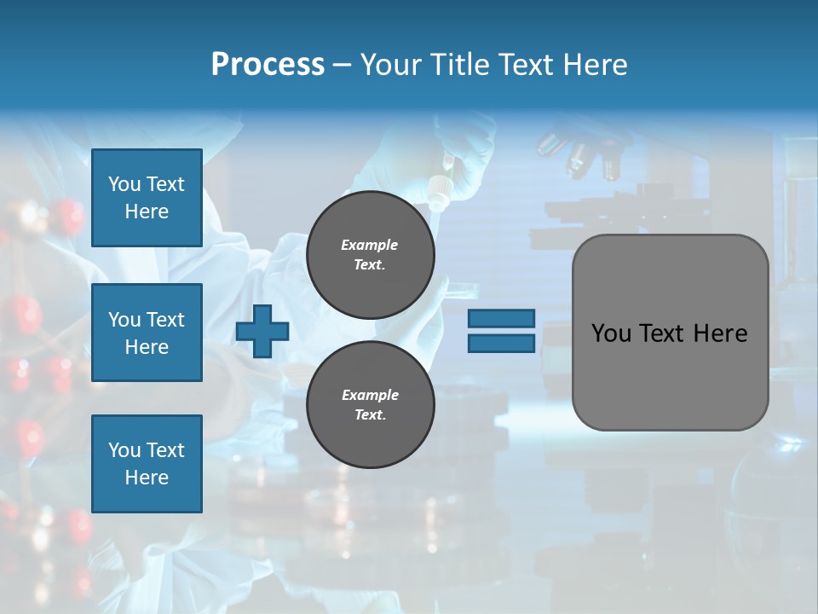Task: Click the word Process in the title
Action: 268,64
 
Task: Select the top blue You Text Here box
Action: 147,198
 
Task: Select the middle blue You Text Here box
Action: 147,333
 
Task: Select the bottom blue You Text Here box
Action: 147,463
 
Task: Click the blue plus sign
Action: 262,331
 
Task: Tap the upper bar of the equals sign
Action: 501,318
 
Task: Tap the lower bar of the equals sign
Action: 501,343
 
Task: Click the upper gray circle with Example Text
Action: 370,255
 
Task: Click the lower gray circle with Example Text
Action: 370,405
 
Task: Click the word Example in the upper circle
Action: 370,245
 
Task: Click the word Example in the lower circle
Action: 370,395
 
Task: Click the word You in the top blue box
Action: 124,184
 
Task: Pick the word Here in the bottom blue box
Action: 147,478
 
